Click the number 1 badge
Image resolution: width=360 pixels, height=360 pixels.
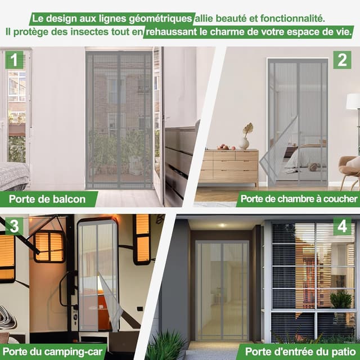[14, 60]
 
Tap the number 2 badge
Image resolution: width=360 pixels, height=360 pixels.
[342, 60]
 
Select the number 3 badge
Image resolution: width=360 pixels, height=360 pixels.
[14, 226]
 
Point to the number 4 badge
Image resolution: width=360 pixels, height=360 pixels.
[342, 226]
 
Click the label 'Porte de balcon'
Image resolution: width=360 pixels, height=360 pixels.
[47, 199]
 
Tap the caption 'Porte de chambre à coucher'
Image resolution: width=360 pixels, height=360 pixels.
[299, 199]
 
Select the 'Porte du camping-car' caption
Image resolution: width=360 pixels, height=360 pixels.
[52, 352]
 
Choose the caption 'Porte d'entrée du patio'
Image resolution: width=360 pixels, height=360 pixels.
[300, 352]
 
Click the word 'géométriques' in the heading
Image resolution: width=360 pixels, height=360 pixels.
[160, 19]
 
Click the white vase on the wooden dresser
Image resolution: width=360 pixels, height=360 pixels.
[244, 143]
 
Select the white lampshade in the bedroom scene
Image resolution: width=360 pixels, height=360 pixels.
[353, 101]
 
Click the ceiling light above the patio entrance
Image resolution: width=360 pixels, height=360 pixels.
[222, 225]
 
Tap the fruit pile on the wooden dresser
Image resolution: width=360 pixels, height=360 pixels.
[226, 147]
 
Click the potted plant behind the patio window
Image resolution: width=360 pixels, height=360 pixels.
[341, 299]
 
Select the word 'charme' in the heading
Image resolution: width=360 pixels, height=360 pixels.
[229, 31]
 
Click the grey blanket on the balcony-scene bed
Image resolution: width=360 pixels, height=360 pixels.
[14, 175]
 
